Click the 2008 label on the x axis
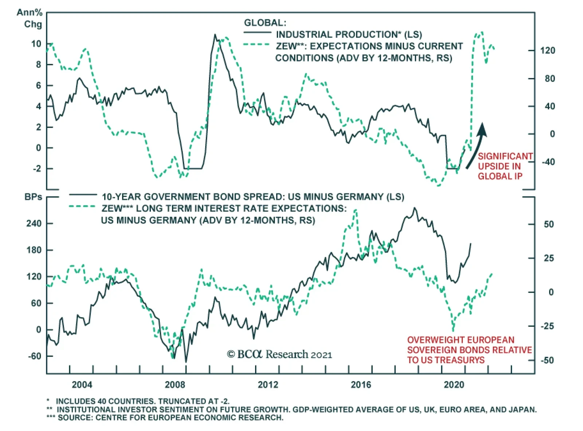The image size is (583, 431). [x=175, y=384]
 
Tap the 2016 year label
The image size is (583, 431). [x=361, y=384]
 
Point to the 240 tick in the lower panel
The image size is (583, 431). [x=34, y=224]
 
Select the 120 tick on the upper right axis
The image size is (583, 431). [x=548, y=51]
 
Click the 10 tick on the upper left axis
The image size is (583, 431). [x=36, y=44]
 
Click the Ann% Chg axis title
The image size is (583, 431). [x=30, y=18]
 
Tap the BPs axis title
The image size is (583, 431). [x=33, y=197]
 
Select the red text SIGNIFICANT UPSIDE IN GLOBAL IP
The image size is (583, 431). [x=505, y=166]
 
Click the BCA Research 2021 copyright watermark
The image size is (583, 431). [x=279, y=354]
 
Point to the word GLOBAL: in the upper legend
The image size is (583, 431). [x=265, y=23]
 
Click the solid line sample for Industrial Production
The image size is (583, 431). [x=257, y=33]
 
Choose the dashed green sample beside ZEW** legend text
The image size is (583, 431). [x=257, y=45]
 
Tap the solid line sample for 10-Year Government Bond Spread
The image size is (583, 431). [x=83, y=195]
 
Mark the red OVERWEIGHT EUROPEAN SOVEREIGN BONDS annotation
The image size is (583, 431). [x=469, y=350]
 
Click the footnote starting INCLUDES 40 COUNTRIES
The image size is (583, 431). [x=142, y=401]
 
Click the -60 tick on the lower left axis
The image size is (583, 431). [x=35, y=356]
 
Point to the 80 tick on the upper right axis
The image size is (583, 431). [x=549, y=79]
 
